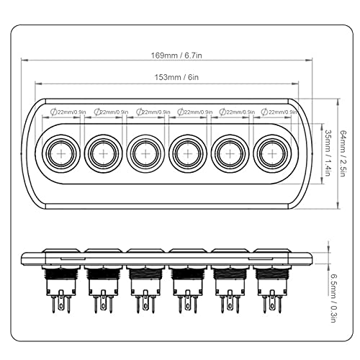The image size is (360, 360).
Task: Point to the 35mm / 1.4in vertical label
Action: coord(326,155)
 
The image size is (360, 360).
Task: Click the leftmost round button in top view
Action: coord(60,153)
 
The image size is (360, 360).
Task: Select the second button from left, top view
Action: coord(103,153)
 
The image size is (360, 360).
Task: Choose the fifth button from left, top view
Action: coord(229,153)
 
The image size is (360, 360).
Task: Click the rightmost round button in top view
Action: coord(271,153)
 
